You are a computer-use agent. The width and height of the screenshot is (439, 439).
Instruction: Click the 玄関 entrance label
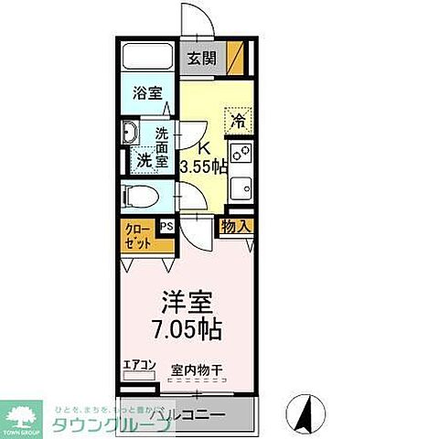[x=203, y=59]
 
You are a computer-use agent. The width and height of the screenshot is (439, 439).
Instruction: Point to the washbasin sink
[x=131, y=134]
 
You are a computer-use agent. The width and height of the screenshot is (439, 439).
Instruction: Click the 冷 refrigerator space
[x=239, y=120]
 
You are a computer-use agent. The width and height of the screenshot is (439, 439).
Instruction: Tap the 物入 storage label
[x=234, y=226]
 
